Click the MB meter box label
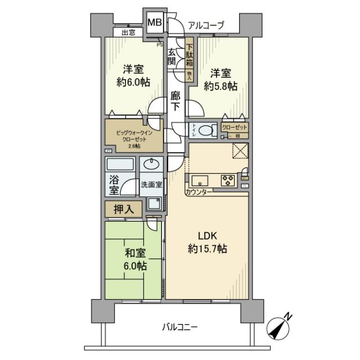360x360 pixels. click(x=154, y=24)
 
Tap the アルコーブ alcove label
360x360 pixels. click(x=206, y=25)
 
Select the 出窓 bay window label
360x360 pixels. click(x=129, y=33)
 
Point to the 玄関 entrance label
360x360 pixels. click(x=172, y=55)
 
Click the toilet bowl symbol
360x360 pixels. click(x=206, y=130)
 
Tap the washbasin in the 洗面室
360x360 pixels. click(x=151, y=165)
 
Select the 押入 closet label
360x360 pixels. click(x=124, y=210)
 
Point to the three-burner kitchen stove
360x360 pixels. click(x=228, y=181)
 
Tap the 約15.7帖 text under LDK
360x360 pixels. click(x=207, y=248)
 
